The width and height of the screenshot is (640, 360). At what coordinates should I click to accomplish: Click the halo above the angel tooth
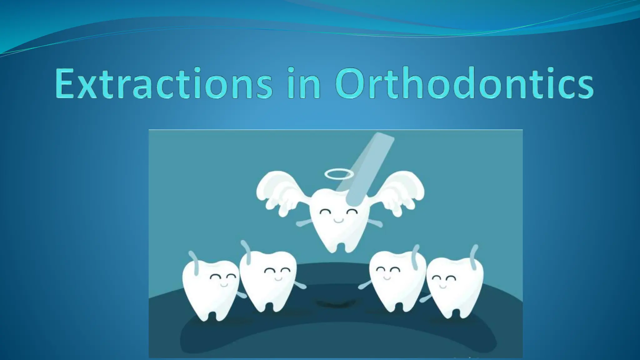tap(339, 173)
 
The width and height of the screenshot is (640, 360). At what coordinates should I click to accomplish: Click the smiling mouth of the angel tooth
tap(338, 221)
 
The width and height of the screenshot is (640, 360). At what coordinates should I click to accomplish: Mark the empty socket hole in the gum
tap(336, 303)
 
